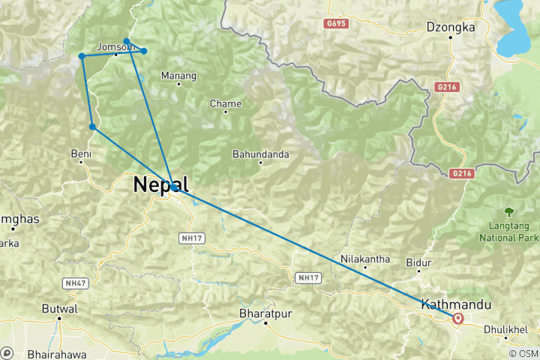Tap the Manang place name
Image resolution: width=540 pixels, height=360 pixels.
point(178,76)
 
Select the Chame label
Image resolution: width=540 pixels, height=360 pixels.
point(226,103)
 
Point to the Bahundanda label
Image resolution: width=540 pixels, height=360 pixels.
point(260,154)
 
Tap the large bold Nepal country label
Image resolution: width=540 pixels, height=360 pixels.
point(160,185)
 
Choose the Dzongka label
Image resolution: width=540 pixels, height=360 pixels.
point(451,27)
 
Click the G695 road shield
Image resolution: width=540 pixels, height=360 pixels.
point(336,24)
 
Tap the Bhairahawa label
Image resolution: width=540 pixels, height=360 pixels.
point(55,352)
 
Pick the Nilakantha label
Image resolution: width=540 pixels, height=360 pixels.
point(365,259)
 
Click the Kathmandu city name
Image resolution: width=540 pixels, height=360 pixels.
point(457,304)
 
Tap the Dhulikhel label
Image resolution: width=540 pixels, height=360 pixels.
point(505,329)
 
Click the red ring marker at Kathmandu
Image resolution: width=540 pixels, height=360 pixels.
point(457,319)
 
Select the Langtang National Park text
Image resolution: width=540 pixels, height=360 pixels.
point(509,231)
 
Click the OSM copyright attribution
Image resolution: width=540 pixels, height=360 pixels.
point(523,352)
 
